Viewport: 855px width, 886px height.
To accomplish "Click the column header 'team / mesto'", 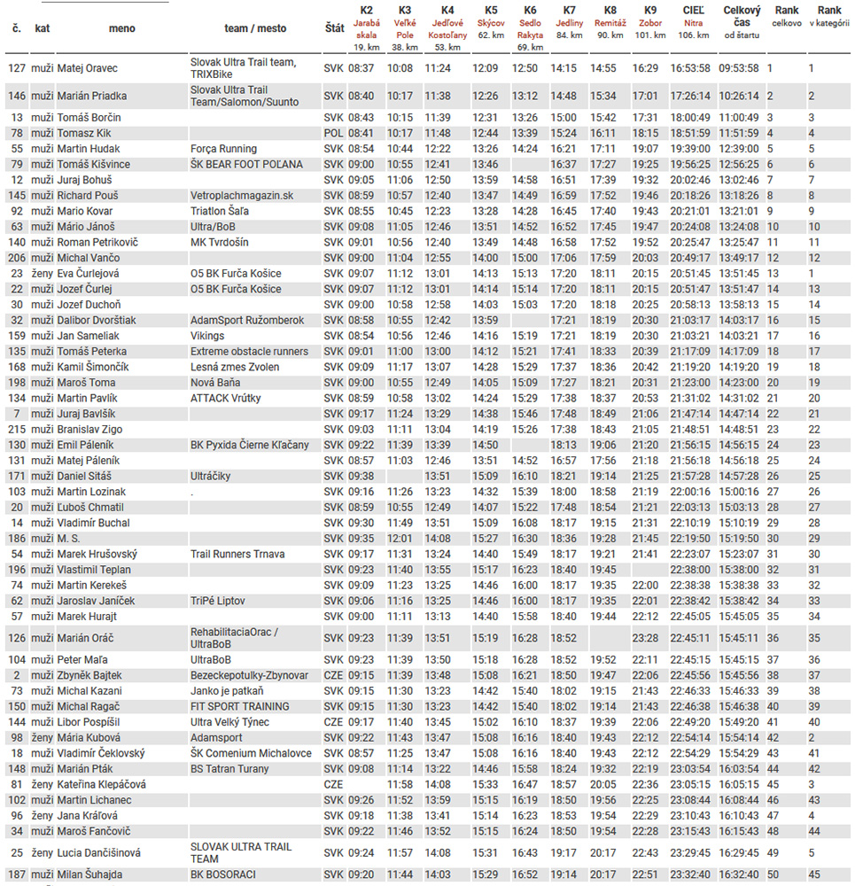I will click(x=255, y=28).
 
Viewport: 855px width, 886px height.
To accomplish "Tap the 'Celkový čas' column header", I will click(x=742, y=22).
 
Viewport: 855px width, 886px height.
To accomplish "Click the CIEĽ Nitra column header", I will click(x=694, y=22).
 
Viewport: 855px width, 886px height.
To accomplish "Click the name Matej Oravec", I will click(x=87, y=68).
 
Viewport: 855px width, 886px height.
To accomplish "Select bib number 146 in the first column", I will click(x=17, y=96).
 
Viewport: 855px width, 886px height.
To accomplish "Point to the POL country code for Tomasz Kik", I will click(x=333, y=133).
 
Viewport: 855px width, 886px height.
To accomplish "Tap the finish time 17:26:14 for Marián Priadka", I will click(x=690, y=96).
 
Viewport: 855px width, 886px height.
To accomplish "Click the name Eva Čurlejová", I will click(x=88, y=274).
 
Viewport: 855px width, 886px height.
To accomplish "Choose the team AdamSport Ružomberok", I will click(x=247, y=320).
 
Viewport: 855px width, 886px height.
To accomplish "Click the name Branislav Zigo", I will click(x=90, y=429).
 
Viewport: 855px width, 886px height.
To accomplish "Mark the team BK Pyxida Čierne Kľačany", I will click(x=250, y=445).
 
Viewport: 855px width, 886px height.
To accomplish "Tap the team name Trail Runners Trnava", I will click(x=237, y=554).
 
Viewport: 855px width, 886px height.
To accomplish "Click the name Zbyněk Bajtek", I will click(x=90, y=675).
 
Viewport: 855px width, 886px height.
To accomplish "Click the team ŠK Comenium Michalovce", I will click(x=251, y=753).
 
